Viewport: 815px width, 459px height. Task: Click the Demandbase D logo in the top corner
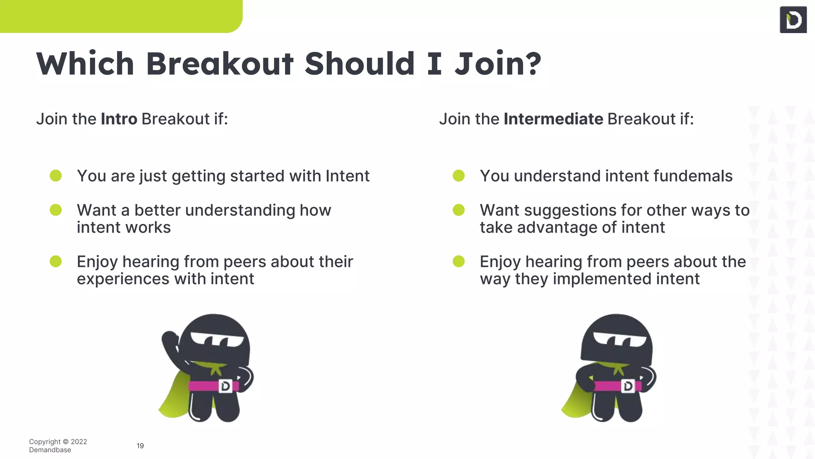point(793,20)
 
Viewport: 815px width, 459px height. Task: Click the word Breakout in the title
point(219,64)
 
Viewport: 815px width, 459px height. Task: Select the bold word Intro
point(119,119)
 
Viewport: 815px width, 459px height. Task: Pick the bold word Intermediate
point(553,119)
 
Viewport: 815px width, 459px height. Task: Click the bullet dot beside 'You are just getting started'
point(56,176)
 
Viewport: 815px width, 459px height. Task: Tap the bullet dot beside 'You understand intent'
point(459,176)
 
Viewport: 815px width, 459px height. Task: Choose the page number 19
point(140,446)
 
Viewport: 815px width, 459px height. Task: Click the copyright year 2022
point(79,441)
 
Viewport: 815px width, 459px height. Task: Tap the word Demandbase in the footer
point(50,450)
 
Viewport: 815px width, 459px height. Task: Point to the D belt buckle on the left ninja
point(225,386)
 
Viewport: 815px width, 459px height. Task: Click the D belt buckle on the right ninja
point(628,386)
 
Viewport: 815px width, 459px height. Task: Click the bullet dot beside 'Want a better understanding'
point(56,210)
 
